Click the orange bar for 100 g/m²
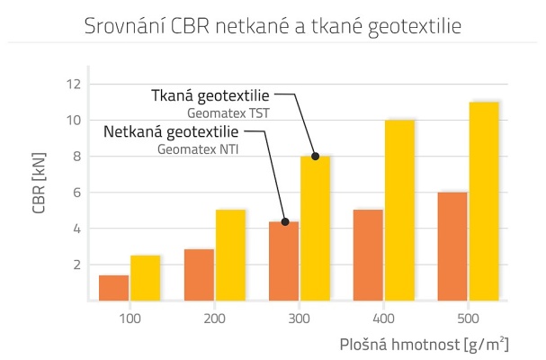point(113,288)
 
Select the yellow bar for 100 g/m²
point(145,278)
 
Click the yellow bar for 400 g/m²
point(399,211)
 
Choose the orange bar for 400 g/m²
point(368,256)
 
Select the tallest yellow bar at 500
point(484,202)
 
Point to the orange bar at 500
point(452,247)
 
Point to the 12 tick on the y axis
point(73,84)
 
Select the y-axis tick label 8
point(76,157)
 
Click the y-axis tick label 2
point(76,265)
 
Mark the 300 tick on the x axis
point(300,319)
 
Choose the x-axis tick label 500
point(469,319)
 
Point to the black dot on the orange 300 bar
point(284,222)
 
